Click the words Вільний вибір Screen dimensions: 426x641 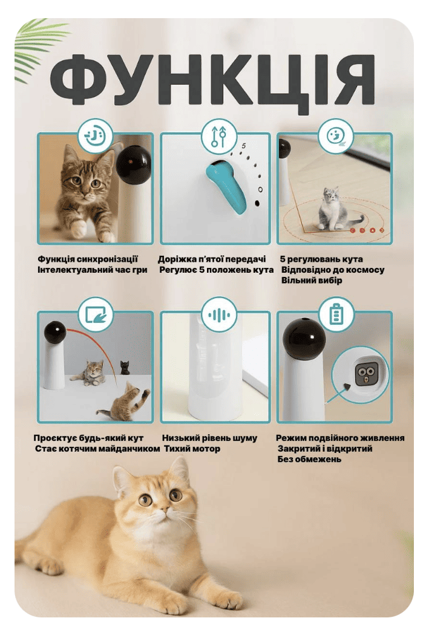tap(312, 281)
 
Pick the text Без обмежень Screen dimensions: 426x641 tap(309, 459)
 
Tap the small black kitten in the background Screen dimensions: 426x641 tap(125, 368)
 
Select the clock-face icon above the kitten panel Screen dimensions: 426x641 tap(96, 134)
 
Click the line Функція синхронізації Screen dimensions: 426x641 tap(88, 259)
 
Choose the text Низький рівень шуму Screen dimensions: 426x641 tap(209, 438)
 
